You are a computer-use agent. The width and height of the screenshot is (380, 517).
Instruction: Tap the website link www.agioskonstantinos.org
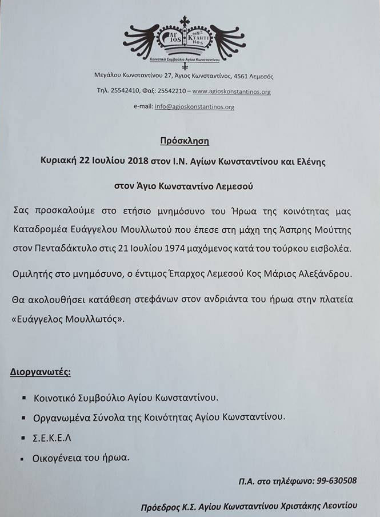tap(231, 92)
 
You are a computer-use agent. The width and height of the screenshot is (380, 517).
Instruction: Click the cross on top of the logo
tap(185, 21)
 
